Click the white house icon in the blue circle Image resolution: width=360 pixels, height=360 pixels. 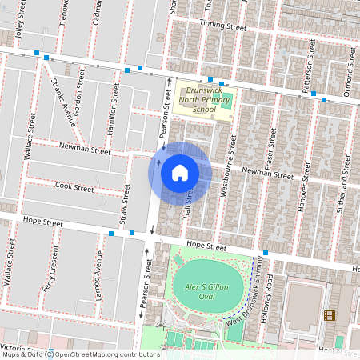pyautogui.click(x=180, y=172)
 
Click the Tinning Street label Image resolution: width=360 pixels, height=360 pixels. pyautogui.click(x=222, y=26)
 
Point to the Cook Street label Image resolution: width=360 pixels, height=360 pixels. pyautogui.click(x=75, y=189)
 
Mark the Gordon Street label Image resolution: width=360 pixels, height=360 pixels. pyautogui.click(x=79, y=95)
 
